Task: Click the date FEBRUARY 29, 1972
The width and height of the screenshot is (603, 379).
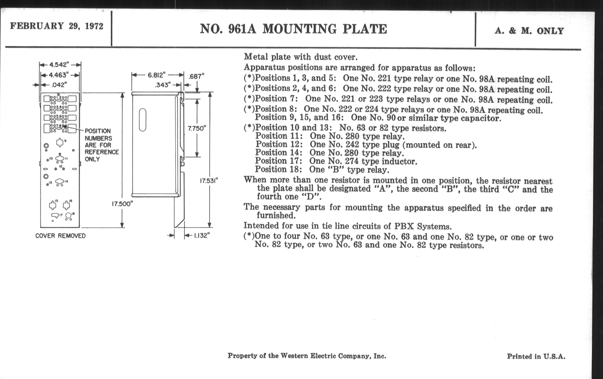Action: (57, 26)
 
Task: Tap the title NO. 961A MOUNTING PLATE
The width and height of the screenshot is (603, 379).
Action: (293, 29)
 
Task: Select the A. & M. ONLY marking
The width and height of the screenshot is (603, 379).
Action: (529, 31)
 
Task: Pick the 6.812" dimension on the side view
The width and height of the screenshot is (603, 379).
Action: (156, 75)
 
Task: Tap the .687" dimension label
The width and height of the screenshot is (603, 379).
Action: (196, 76)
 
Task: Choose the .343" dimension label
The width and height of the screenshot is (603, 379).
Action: (163, 85)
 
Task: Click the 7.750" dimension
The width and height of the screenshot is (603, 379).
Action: (197, 128)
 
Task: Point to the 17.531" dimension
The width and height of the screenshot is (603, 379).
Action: (209, 181)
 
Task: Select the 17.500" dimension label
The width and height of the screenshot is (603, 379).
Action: (122, 204)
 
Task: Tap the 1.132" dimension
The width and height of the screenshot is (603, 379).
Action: (201, 236)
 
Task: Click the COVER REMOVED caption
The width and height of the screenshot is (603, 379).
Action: (60, 236)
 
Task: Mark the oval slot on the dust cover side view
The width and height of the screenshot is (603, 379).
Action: (143, 120)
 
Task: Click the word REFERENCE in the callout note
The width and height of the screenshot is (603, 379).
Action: (102, 152)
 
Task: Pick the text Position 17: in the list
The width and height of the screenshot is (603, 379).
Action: (278, 161)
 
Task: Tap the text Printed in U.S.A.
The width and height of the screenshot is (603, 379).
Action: (536, 356)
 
